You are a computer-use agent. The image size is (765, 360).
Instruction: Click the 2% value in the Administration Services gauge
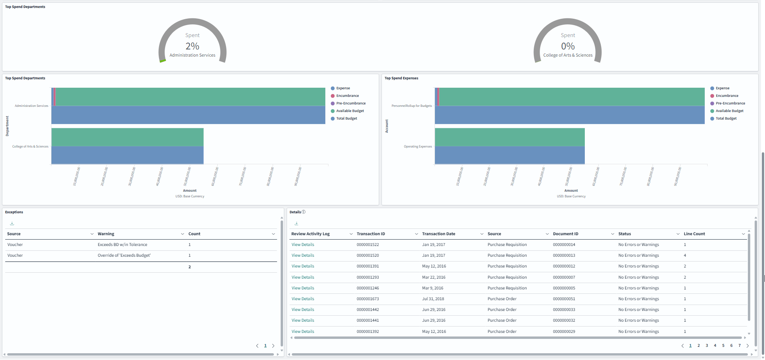[x=192, y=46]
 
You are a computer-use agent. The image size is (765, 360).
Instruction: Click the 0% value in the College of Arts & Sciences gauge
[x=568, y=46]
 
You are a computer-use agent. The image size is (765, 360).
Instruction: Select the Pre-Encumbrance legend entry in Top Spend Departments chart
[x=350, y=103]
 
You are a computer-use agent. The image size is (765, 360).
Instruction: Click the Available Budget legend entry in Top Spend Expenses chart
[x=729, y=111]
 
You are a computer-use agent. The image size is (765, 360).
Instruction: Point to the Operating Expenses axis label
[x=418, y=146]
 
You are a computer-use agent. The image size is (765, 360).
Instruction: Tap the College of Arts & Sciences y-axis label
[x=30, y=146]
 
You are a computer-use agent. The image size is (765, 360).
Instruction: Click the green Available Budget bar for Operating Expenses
[x=509, y=137]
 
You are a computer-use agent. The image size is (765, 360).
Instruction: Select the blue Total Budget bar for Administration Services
[x=188, y=115]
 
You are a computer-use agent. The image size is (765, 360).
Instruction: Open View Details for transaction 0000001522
[x=303, y=245]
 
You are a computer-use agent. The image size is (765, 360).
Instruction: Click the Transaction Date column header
[x=439, y=234]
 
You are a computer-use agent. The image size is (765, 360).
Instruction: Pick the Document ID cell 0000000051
[x=564, y=299]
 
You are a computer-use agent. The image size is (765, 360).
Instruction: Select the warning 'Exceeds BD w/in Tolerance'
[x=122, y=245]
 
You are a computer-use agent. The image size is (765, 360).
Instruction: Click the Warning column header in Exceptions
[x=106, y=234]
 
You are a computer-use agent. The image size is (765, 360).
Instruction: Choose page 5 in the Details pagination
[x=723, y=346]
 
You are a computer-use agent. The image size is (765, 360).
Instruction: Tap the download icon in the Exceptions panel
[x=12, y=224]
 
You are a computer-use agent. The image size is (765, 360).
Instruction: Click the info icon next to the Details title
[x=304, y=212]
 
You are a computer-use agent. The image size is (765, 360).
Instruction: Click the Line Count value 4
[x=685, y=256]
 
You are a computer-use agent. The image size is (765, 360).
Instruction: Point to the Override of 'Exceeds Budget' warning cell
[x=124, y=256]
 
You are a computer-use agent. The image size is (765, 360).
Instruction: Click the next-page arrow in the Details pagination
[x=747, y=346]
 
